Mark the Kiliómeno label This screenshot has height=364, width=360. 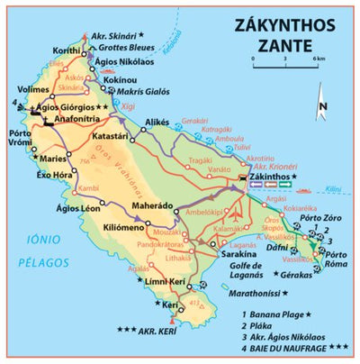pos(124,227)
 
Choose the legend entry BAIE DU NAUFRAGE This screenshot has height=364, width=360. pos(291,347)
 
